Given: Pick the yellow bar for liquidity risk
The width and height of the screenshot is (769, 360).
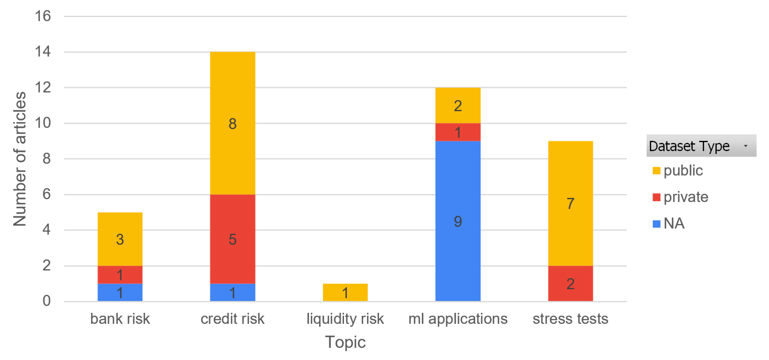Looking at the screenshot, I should pyautogui.click(x=345, y=292).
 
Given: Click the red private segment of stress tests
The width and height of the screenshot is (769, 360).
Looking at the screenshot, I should pyautogui.click(x=570, y=283).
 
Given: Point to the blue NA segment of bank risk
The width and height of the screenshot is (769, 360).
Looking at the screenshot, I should pyautogui.click(x=120, y=292).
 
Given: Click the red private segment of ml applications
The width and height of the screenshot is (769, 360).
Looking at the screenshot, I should pyautogui.click(x=458, y=132).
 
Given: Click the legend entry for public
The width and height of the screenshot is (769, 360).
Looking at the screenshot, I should pyautogui.click(x=678, y=170).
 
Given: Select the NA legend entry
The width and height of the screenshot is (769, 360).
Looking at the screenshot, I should pyautogui.click(x=669, y=223).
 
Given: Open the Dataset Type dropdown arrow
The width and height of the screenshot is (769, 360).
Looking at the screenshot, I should pyautogui.click(x=745, y=146).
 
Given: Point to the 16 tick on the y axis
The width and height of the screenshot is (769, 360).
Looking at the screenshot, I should pyautogui.click(x=43, y=16).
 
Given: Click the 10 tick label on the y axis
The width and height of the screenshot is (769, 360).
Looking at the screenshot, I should pyautogui.click(x=43, y=123).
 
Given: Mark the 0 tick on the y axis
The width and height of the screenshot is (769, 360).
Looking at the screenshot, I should pyautogui.click(x=46, y=301).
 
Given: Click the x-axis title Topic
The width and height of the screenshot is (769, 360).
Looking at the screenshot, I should pyautogui.click(x=345, y=342).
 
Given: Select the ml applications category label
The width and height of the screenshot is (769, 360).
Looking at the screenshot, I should pyautogui.click(x=458, y=319).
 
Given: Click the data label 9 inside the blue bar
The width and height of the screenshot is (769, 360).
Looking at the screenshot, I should pyautogui.click(x=458, y=221).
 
